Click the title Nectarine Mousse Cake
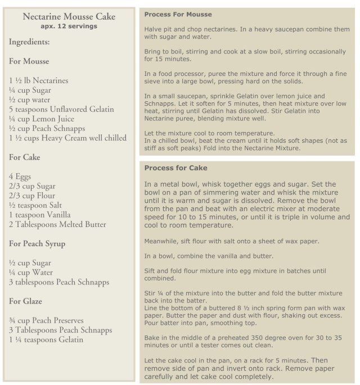(x=69, y=17)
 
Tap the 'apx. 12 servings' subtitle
(x=69, y=26)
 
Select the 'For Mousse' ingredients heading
(x=29, y=61)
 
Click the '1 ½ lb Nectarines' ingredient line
(x=39, y=80)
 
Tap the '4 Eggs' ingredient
(x=21, y=176)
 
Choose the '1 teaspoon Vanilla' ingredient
(x=40, y=215)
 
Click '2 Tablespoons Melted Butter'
(x=57, y=224)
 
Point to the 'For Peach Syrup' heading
(x=37, y=243)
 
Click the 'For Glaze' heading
(x=26, y=301)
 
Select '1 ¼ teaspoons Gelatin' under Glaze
(x=46, y=339)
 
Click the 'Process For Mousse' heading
(x=178, y=14)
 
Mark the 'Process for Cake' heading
(x=176, y=167)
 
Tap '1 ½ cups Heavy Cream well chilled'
(x=68, y=138)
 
